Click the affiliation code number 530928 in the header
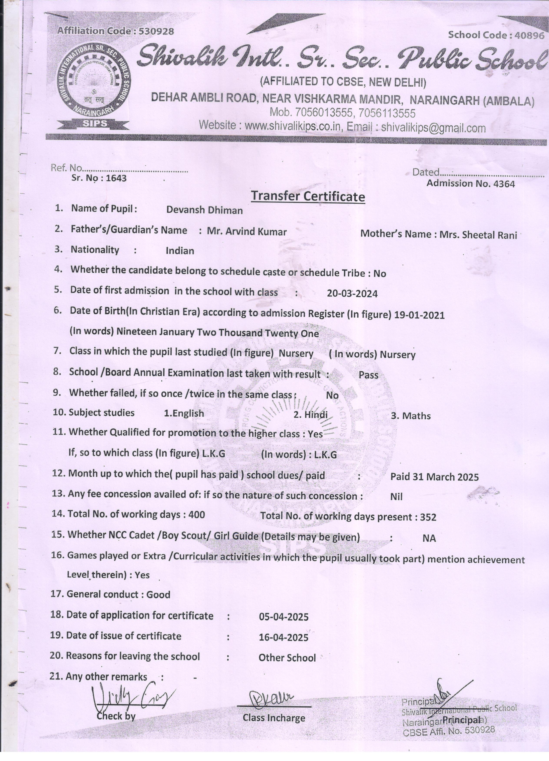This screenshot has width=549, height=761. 156,31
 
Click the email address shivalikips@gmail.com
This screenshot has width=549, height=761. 433,128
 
